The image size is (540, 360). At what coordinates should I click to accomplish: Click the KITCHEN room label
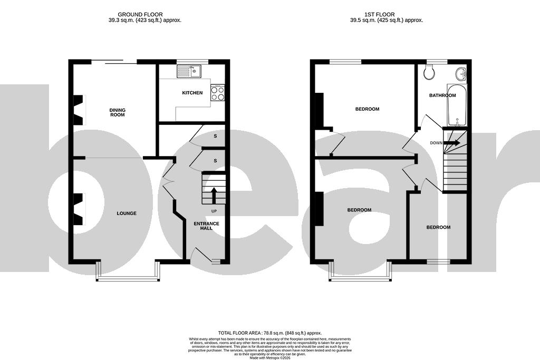coord(192,93)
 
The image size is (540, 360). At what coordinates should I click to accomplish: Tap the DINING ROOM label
coord(117,112)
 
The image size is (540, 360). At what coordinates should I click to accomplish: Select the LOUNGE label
coord(127,213)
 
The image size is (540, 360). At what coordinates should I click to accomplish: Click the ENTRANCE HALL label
coord(206,226)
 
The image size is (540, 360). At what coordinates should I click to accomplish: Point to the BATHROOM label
coord(442,95)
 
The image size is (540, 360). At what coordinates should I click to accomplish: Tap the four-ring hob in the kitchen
coord(217,93)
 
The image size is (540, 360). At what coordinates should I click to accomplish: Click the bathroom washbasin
coord(461,74)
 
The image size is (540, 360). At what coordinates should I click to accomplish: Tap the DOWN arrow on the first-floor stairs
coord(452,143)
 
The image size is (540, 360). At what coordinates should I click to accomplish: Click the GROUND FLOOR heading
coord(140,14)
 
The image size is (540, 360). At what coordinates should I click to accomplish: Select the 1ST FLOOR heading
coord(387,14)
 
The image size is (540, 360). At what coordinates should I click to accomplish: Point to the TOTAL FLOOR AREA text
coord(269,333)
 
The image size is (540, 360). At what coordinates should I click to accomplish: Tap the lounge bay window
coord(127,278)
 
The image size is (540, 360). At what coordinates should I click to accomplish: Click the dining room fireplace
coord(78,110)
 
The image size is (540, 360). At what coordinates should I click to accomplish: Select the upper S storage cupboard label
coord(215,136)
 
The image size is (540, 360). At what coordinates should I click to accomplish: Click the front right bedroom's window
coord(438,261)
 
